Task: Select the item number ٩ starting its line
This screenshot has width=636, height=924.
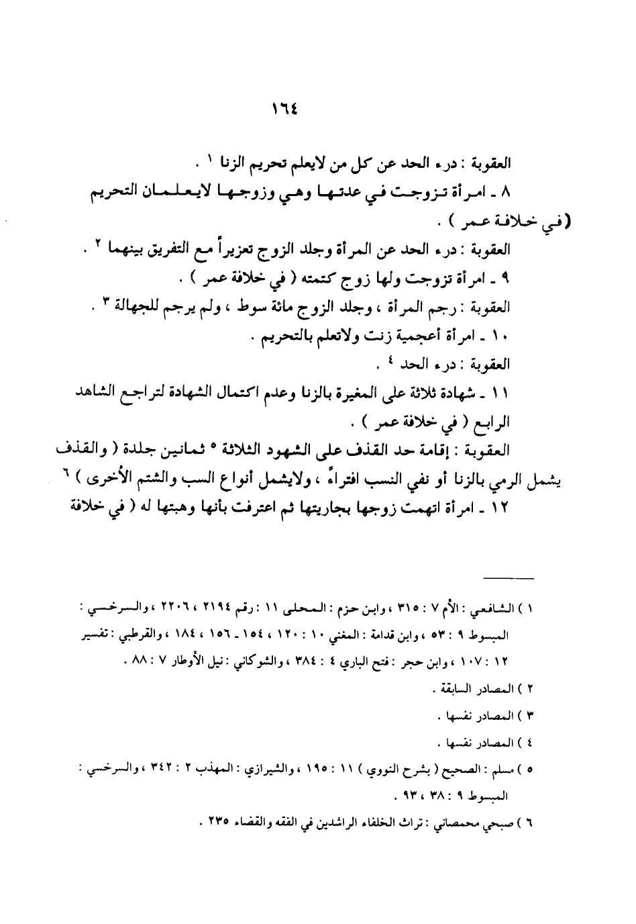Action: pos(507,278)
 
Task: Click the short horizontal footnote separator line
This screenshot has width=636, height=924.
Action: pos(509,577)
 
